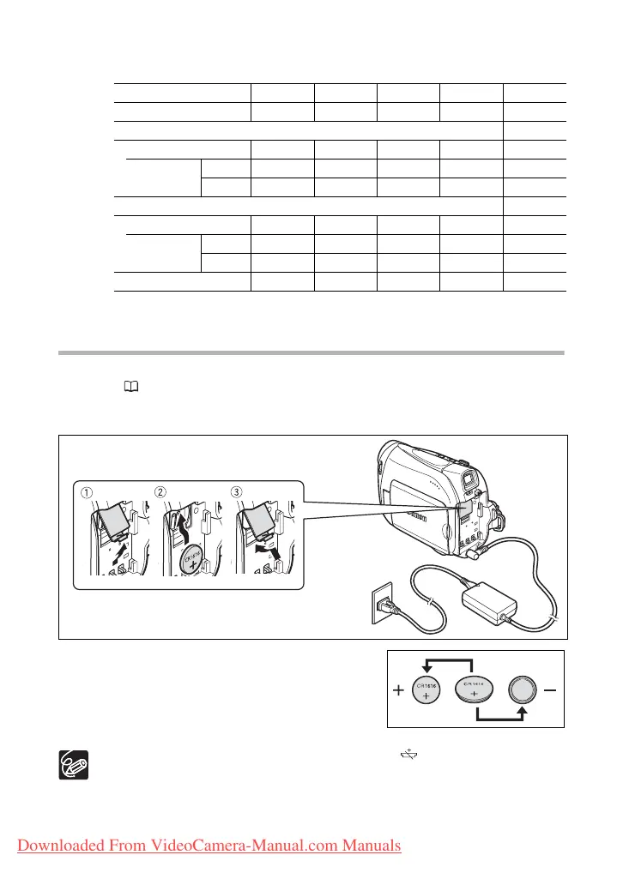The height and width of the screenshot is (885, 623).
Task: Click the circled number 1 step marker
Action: click(87, 493)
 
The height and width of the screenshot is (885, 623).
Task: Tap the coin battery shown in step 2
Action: click(193, 558)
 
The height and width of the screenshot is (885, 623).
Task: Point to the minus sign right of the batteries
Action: click(548, 689)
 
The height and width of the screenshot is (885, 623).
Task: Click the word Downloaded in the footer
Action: click(53, 846)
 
